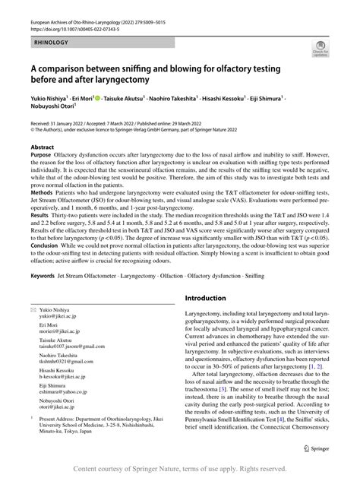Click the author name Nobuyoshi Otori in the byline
pos(52,109)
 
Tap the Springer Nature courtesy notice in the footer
pos(179,469)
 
